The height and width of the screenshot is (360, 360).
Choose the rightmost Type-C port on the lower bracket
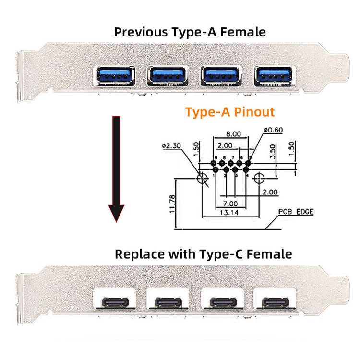[275, 303]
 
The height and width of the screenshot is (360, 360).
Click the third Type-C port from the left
[223, 303]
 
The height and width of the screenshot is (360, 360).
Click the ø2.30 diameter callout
[173, 145]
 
